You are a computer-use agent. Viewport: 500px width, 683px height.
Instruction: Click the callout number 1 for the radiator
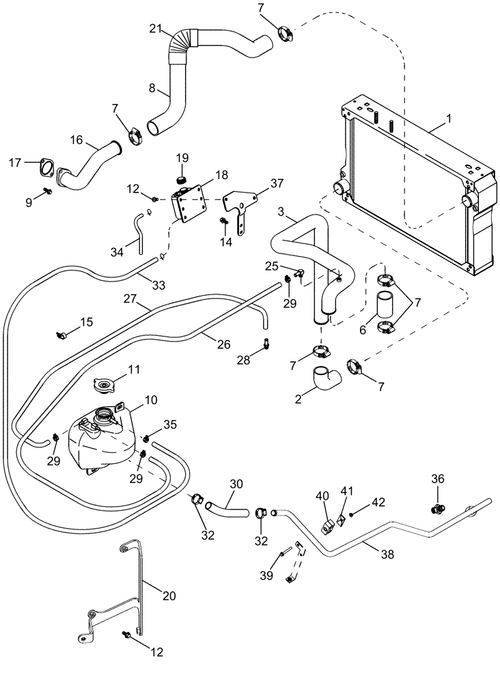point(448,120)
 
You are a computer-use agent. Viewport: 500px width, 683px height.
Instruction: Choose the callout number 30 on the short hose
point(236,483)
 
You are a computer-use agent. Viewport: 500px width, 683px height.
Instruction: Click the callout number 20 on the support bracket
point(169,596)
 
